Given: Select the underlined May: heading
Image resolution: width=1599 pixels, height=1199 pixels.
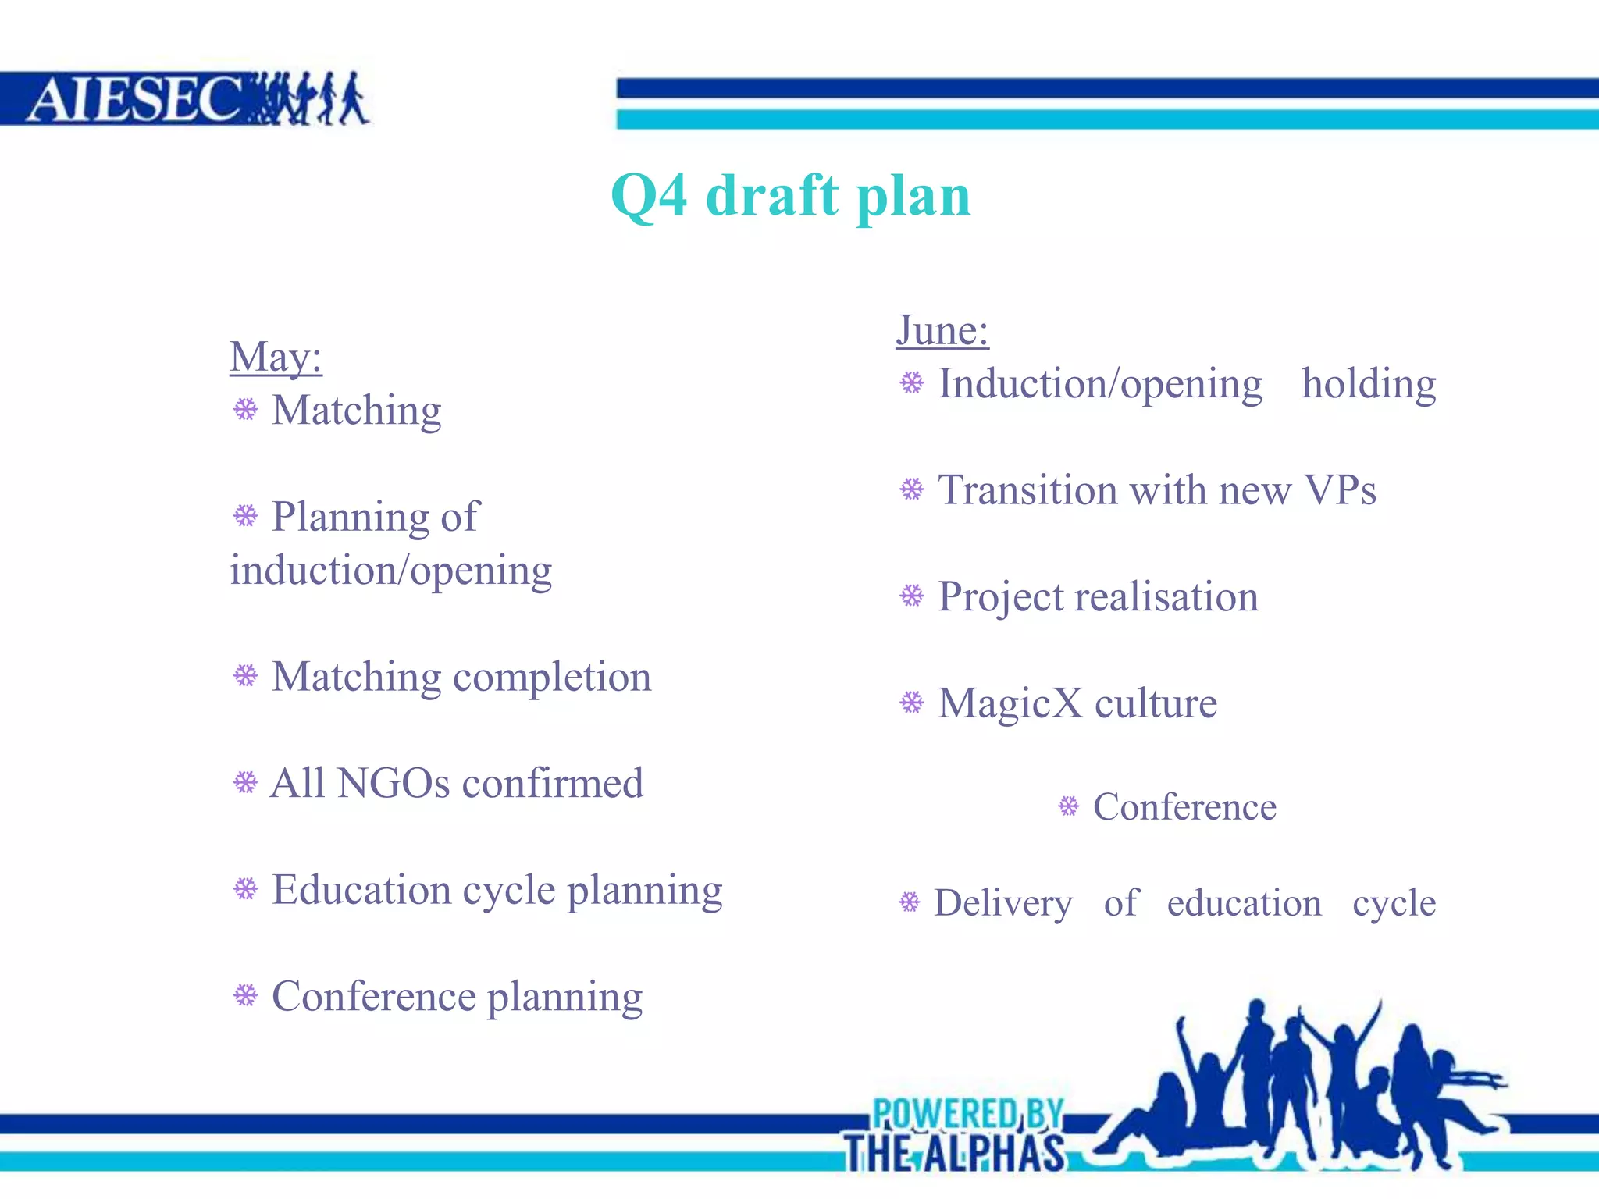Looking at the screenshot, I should coord(276,358).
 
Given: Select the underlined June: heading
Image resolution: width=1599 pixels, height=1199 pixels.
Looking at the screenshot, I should coord(942,330).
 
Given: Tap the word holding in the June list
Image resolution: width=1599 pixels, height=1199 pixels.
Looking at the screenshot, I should coord(1369,384).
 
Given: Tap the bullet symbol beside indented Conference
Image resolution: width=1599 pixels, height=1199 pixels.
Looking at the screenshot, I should coord(1069,806).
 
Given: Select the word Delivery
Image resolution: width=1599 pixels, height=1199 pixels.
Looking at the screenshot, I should coord(1003,904).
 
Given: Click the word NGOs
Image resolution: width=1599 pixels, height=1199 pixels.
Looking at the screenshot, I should coord(394,784).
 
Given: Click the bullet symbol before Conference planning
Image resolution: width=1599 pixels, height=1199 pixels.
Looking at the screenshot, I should coord(246,995).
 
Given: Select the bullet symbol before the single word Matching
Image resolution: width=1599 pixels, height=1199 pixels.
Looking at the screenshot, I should coord(246,409).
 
